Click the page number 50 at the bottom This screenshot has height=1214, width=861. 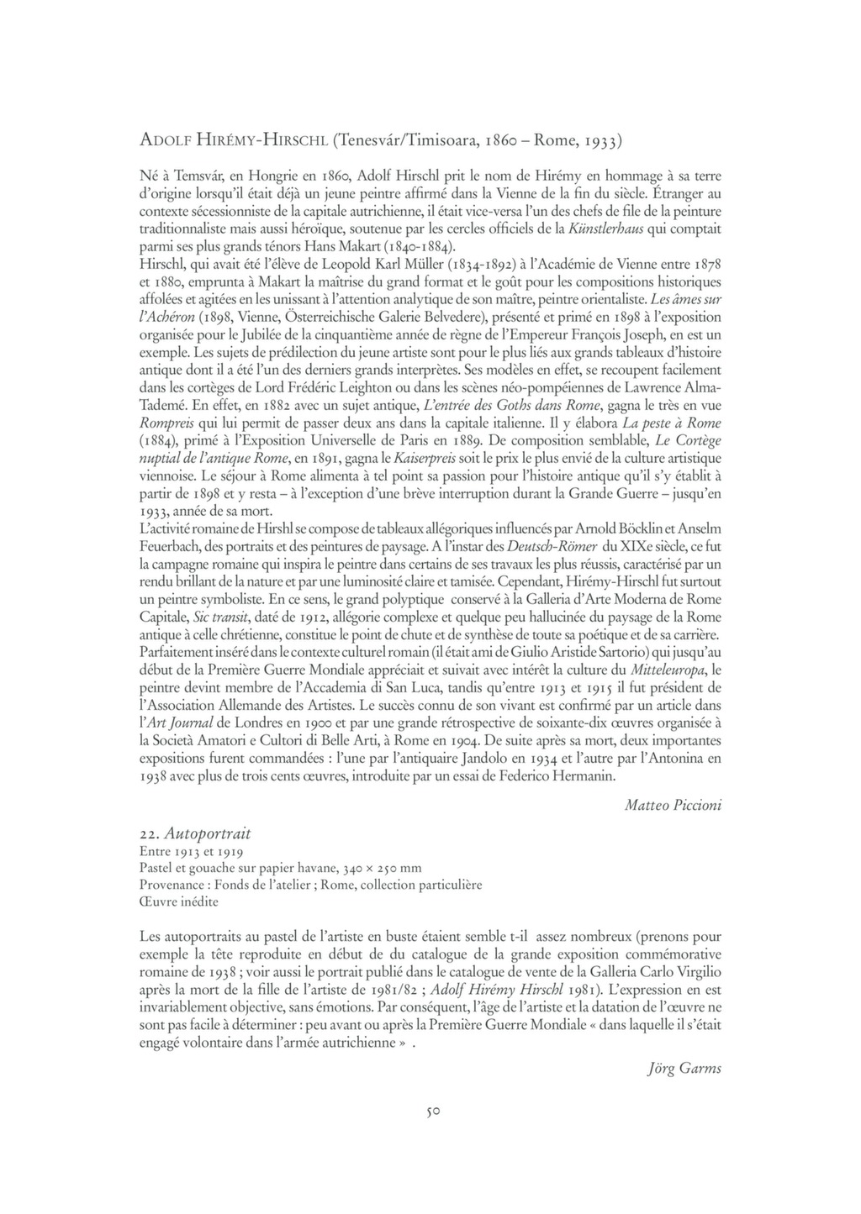(x=433, y=1111)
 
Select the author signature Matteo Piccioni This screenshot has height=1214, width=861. (x=673, y=805)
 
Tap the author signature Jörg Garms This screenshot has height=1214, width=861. (x=684, y=1069)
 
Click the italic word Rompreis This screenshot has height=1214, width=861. (x=166, y=422)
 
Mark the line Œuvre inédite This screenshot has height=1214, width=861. (x=179, y=901)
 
